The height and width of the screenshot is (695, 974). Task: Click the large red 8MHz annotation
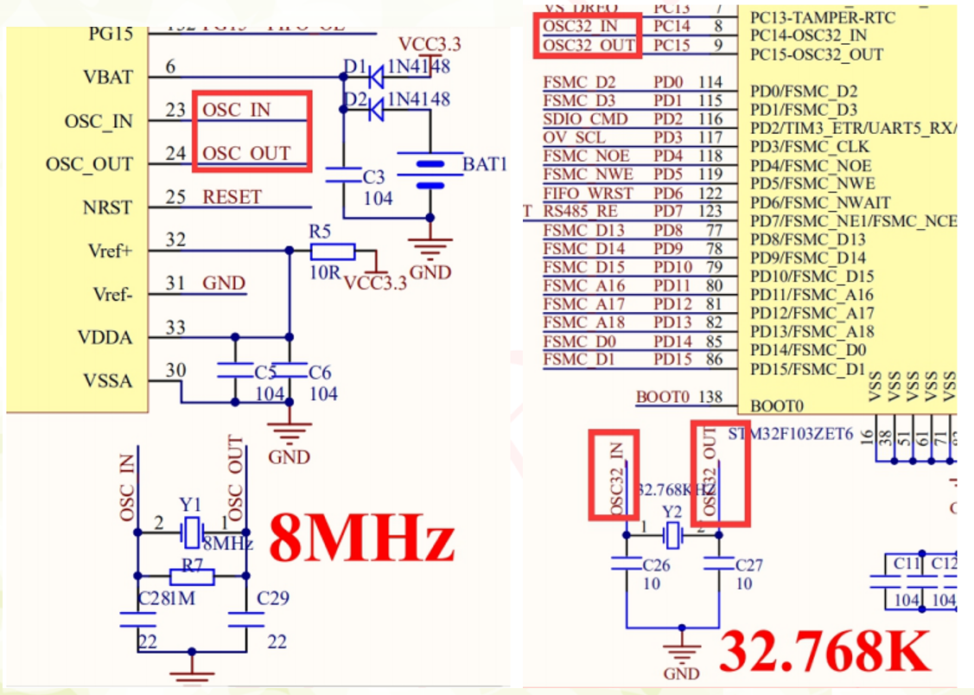[362, 538]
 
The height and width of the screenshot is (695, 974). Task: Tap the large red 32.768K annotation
[825, 650]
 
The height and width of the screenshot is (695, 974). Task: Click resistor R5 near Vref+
[332, 252]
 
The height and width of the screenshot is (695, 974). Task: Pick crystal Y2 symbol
[672, 536]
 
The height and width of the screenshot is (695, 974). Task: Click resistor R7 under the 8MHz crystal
[191, 576]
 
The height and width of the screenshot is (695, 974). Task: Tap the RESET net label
[232, 197]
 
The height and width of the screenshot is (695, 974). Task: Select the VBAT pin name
[108, 77]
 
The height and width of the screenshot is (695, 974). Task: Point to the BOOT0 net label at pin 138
[663, 398]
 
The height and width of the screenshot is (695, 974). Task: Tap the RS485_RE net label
[581, 212]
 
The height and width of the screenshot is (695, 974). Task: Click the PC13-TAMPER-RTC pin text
[811, 17]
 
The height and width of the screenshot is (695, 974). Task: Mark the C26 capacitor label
[657, 565]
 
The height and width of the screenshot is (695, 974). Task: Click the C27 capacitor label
[748, 565]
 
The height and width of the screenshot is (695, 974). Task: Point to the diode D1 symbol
[375, 76]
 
